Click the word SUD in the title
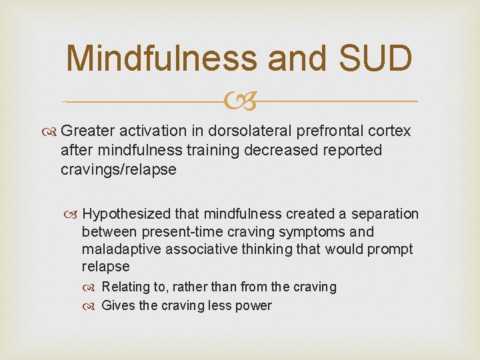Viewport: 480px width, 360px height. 375,58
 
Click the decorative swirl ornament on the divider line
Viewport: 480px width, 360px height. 239,101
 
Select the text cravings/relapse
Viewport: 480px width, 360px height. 118,169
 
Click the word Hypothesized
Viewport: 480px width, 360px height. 126,214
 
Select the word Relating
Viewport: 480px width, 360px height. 126,287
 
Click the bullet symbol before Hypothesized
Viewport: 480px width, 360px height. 73,215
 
